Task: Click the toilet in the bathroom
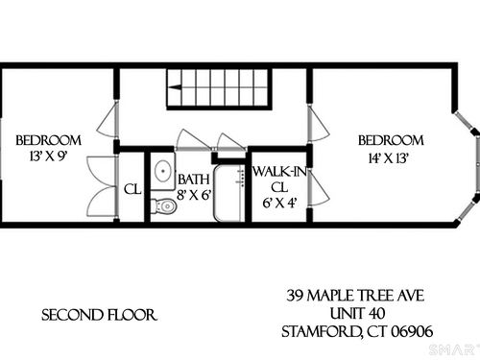pyautogui.click(x=164, y=206)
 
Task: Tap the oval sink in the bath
pyautogui.click(x=164, y=171)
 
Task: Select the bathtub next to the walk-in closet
pyautogui.click(x=229, y=193)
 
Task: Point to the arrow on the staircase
pyautogui.click(x=175, y=87)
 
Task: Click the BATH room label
pyautogui.click(x=194, y=180)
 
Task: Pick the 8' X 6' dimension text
pyautogui.click(x=195, y=195)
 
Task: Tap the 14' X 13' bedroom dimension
pyautogui.click(x=389, y=158)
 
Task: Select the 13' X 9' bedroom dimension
pyautogui.click(x=48, y=156)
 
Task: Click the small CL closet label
pyautogui.click(x=132, y=189)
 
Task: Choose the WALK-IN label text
pyautogui.click(x=279, y=172)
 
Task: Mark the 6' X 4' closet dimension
pyautogui.click(x=280, y=203)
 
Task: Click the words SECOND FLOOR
pyautogui.click(x=99, y=315)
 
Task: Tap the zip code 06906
pyautogui.click(x=412, y=331)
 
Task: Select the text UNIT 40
pyautogui.click(x=357, y=313)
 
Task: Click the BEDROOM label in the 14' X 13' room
pyautogui.click(x=391, y=140)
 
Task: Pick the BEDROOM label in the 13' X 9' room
pyautogui.click(x=48, y=140)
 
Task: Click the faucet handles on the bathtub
pyautogui.click(x=241, y=179)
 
